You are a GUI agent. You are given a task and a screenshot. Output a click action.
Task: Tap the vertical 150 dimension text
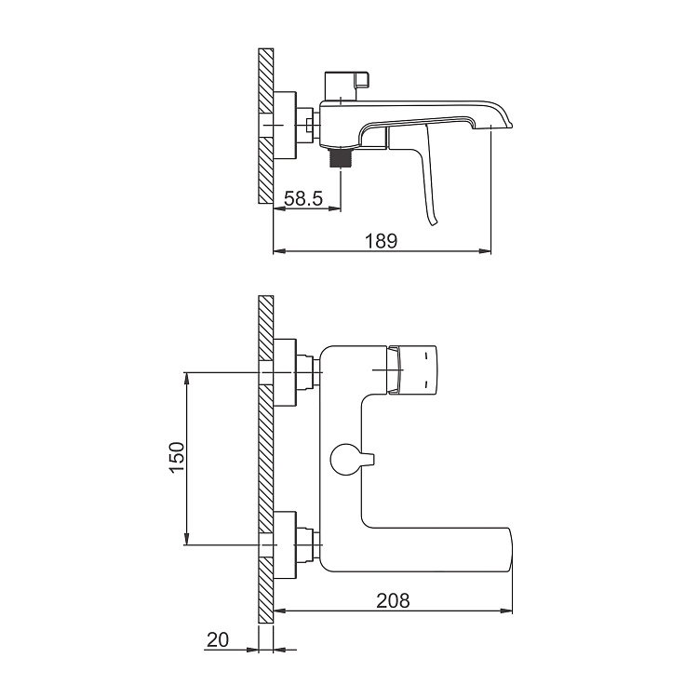tap(178, 459)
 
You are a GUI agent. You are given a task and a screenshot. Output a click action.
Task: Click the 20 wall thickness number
tap(219, 639)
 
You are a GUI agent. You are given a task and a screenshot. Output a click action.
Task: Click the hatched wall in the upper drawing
tap(264, 126)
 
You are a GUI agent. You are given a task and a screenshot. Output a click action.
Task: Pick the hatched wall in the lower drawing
tap(264, 456)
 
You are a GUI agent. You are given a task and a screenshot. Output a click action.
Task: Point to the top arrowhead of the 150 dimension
tap(187, 378)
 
